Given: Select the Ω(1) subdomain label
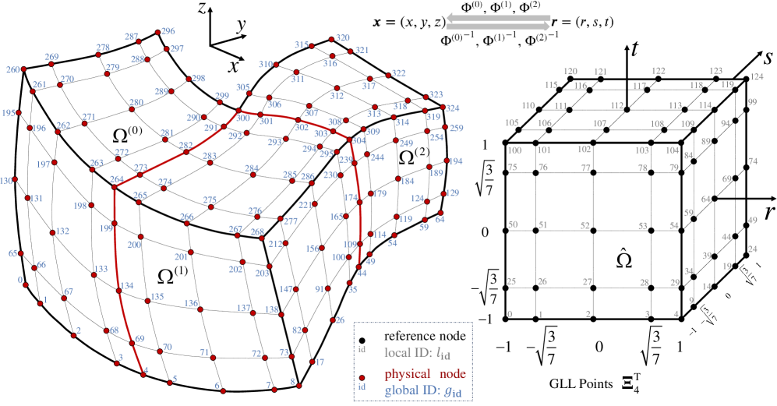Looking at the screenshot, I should [x=171, y=275].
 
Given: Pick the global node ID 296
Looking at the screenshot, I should [x=168, y=32].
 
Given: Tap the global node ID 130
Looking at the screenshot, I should [x=7, y=181].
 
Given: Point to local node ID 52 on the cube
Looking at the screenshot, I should [x=599, y=226].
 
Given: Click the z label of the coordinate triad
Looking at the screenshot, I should [x=201, y=11].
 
